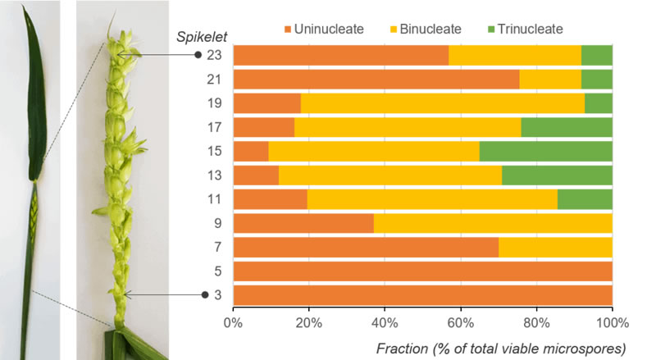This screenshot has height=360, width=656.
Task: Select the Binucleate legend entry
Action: pos(426,30)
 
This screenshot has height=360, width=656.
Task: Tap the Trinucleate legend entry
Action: pos(526,30)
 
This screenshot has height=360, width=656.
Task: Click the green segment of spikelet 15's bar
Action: pos(546,152)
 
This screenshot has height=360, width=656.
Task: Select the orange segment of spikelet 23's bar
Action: pos(341,55)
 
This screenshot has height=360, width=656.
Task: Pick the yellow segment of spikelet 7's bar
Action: pos(555,247)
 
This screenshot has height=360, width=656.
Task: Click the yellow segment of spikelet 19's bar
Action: pos(443,103)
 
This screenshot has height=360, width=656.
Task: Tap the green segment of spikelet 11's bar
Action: pos(585,199)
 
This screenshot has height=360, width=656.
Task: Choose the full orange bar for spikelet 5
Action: pos(423,271)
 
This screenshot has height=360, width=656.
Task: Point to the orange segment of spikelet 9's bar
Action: pos(303,223)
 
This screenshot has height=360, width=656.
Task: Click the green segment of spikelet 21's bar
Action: pos(597,79)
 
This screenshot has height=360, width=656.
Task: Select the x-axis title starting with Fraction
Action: pos(500,348)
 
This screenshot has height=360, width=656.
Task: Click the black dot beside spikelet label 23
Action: pos(197,55)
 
